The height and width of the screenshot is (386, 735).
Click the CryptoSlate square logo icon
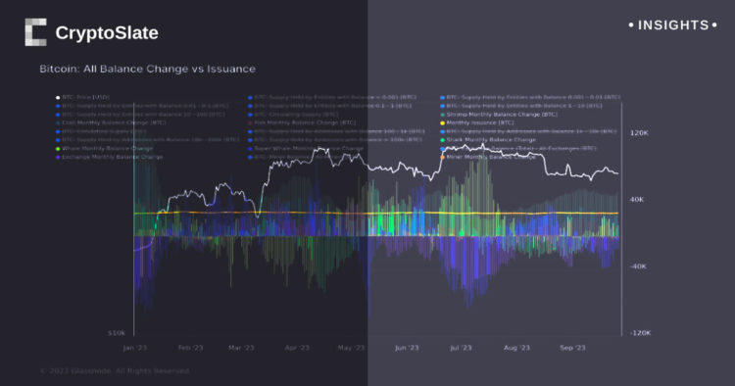pyautogui.click(x=34, y=32)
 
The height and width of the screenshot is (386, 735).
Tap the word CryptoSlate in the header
pyautogui.click(x=106, y=33)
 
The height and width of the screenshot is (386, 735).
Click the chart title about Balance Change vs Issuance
pyautogui.click(x=147, y=70)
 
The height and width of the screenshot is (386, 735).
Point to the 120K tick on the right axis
pyautogui.click(x=639, y=132)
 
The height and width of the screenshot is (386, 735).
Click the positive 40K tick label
pyautogui.click(x=637, y=200)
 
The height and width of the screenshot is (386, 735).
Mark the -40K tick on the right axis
pyautogui.click(x=638, y=266)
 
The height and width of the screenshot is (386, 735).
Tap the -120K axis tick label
pyautogui.click(x=640, y=333)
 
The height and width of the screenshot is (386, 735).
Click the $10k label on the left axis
pyautogui.click(x=116, y=333)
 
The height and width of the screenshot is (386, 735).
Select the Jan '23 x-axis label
pyautogui.click(x=135, y=348)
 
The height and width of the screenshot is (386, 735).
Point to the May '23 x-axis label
pyautogui.click(x=350, y=348)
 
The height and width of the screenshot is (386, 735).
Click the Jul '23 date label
pyautogui.click(x=461, y=348)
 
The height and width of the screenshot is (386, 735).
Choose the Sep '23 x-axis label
pyautogui.click(x=571, y=348)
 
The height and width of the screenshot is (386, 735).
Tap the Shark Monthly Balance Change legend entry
pyautogui.click(x=491, y=140)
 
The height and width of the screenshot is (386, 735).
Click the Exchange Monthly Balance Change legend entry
pyautogui.click(x=112, y=157)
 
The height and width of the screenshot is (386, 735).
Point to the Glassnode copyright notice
pyautogui.click(x=116, y=371)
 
